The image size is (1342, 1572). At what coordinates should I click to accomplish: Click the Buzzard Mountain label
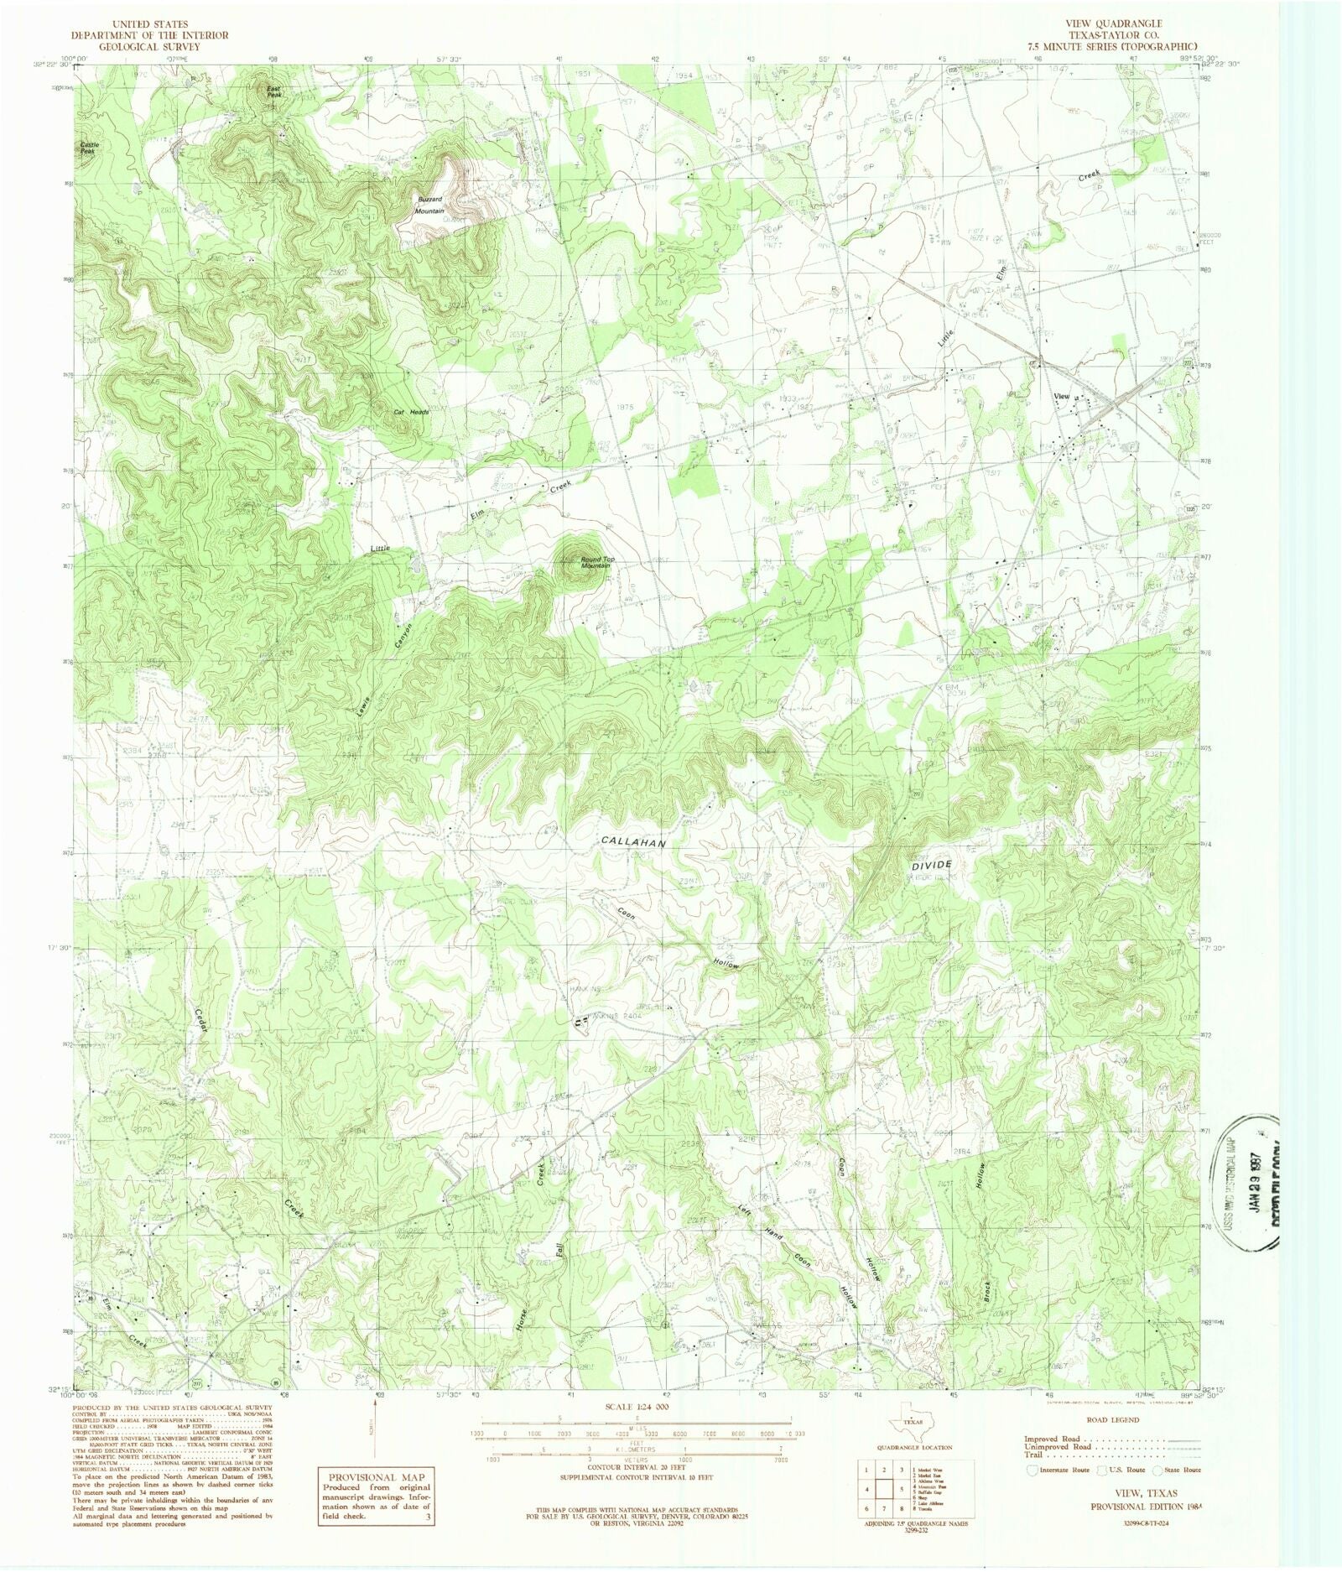[430, 205]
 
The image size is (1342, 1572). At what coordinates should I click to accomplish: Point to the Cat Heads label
[411, 412]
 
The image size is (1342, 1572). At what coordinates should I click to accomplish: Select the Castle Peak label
[89, 147]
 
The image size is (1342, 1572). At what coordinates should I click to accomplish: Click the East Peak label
[274, 91]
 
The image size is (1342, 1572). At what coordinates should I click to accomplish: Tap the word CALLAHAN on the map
[633, 841]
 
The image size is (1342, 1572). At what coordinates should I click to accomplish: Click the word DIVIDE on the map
[931, 863]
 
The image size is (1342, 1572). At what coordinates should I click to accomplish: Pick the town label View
[1061, 396]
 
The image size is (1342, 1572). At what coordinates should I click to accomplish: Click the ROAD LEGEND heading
[1112, 1420]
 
